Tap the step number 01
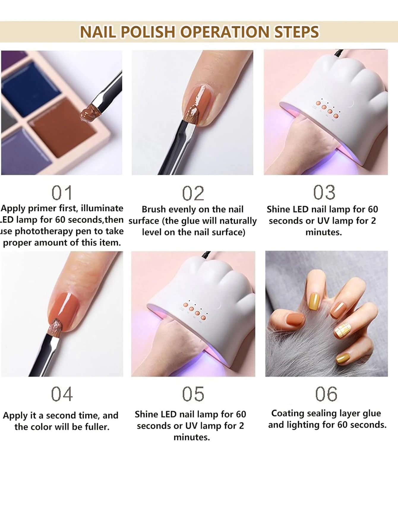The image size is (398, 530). [62, 193]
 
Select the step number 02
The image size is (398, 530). [193, 194]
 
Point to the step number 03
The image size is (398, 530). [324, 192]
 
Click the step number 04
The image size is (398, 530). [62, 394]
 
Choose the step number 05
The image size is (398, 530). [193, 394]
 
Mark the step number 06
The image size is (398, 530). [326, 394]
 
